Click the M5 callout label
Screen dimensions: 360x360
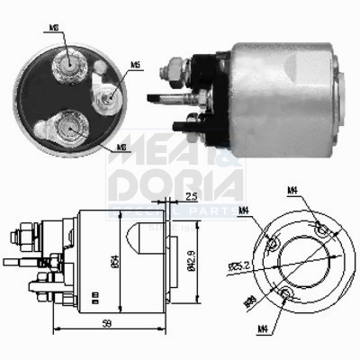point(135,65)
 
